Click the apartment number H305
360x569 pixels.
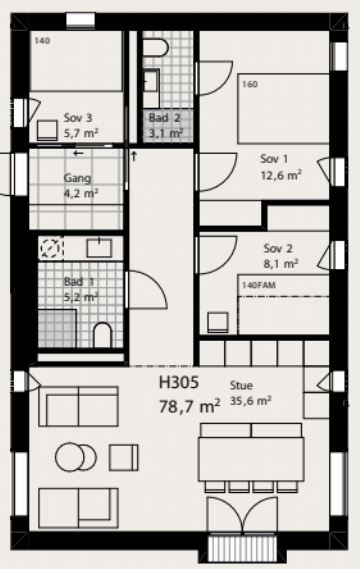[x=179, y=382]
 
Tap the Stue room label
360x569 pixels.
[x=241, y=385]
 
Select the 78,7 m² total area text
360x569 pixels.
[x=189, y=406]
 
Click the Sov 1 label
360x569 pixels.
[x=274, y=159]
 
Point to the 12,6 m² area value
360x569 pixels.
[x=281, y=175]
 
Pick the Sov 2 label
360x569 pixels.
[x=278, y=249]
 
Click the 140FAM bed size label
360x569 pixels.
[x=259, y=285]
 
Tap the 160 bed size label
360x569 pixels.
[x=250, y=84]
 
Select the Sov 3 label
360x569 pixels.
[x=78, y=118]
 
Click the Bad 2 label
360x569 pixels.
[x=164, y=118]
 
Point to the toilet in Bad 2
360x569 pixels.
[x=155, y=48]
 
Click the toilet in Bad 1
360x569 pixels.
[x=102, y=335]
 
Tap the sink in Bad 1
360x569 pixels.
[x=99, y=248]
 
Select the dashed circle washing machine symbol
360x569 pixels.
[x=50, y=248]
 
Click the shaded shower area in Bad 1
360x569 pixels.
[x=57, y=329]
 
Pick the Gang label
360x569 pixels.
[x=77, y=178]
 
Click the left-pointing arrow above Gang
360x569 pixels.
[x=78, y=153]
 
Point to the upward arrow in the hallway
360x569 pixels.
[x=134, y=156]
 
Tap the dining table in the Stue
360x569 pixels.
[x=251, y=459]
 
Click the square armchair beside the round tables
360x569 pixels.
[x=123, y=458]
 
